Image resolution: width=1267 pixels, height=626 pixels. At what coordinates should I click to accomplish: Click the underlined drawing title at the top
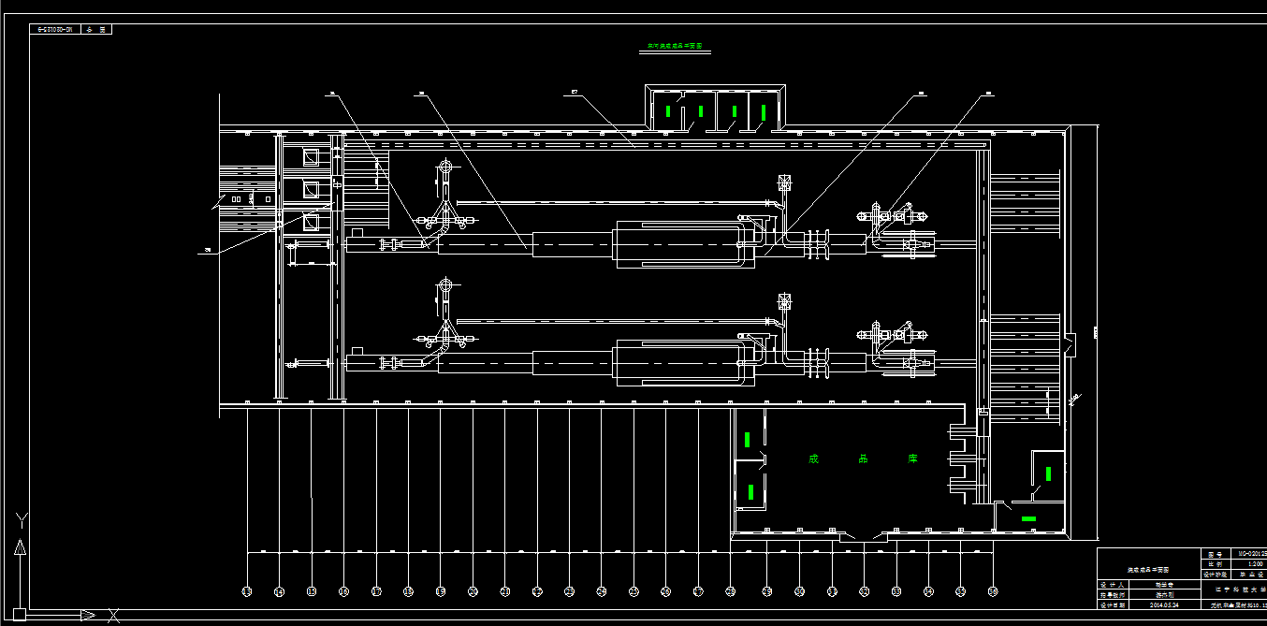click(673, 46)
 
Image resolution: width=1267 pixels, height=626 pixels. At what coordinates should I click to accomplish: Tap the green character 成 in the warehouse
click(813, 459)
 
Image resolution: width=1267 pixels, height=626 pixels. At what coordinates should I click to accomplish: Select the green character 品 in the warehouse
click(863, 459)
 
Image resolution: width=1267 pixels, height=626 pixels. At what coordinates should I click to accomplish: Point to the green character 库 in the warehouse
click(912, 459)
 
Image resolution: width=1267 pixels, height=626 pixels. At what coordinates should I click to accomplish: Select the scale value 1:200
click(1244, 564)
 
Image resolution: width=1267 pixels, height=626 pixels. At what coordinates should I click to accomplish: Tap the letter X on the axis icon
click(113, 615)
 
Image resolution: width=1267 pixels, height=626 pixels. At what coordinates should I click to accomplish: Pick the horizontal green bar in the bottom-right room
click(1028, 518)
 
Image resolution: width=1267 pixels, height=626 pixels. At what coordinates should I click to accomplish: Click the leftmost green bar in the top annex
click(667, 111)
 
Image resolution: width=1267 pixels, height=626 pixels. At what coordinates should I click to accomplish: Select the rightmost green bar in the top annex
click(764, 112)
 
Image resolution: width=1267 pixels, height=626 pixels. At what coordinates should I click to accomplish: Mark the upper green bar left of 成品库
click(747, 438)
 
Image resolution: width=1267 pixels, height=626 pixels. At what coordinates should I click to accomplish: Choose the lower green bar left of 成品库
click(751, 490)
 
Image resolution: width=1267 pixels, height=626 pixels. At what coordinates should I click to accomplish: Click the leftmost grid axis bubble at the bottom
click(247, 591)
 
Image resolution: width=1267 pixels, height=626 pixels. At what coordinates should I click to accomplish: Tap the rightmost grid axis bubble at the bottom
click(993, 591)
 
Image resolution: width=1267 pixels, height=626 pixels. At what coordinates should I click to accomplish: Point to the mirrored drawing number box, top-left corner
click(55, 29)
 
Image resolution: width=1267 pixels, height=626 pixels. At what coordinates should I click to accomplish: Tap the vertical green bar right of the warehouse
click(1048, 473)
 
